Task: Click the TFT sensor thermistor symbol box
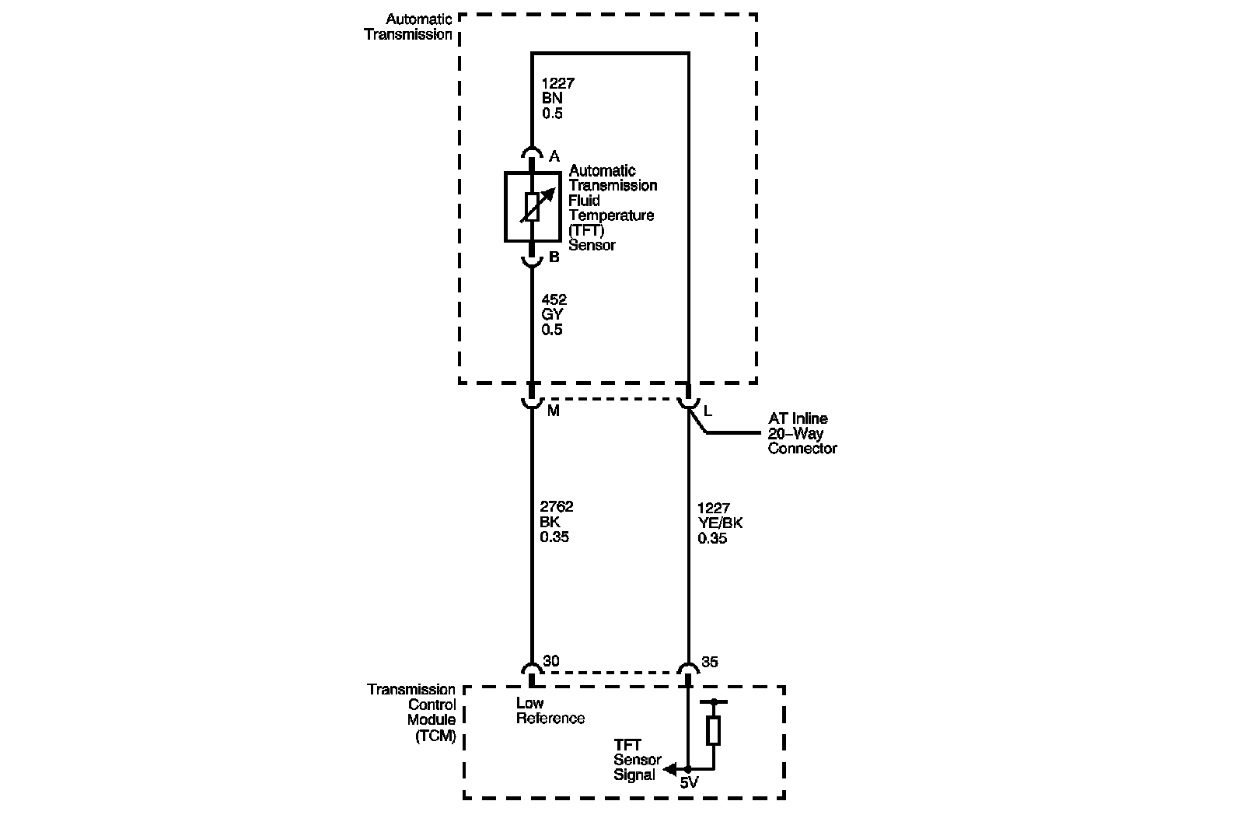533,207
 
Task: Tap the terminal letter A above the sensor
554,157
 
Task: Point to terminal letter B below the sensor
554,257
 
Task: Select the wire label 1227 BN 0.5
557,98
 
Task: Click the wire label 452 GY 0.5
554,314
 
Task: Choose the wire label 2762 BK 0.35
557,522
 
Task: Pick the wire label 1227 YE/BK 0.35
719,523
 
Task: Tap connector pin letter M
553,411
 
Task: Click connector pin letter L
708,411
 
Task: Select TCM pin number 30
551,662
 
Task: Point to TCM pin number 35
709,662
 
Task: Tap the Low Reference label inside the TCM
550,711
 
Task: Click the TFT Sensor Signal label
637,760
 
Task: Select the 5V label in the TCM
689,783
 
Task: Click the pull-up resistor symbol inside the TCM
713,731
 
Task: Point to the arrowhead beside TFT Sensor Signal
668,770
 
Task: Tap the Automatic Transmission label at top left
408,27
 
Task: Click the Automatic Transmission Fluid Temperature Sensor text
612,208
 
